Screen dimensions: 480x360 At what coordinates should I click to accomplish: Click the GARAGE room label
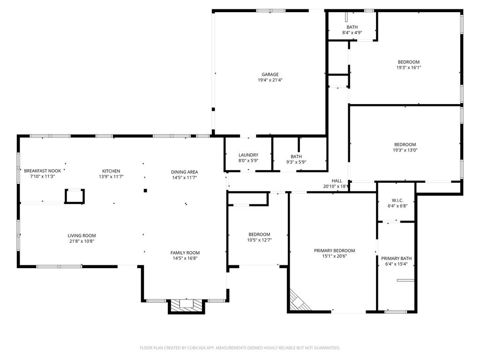270,75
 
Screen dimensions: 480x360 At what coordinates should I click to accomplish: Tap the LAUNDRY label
248,155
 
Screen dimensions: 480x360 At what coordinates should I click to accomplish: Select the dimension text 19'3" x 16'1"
409,67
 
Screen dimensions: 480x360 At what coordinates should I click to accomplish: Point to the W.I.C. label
397,201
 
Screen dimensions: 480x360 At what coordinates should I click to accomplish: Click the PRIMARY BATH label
396,258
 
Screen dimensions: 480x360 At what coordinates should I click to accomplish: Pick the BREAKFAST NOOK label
43,171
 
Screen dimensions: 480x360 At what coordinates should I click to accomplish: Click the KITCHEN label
111,171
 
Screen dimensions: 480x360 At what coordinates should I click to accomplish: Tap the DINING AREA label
184,172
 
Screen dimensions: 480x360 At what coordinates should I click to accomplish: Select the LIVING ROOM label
82,236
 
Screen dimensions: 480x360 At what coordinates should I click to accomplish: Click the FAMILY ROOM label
185,253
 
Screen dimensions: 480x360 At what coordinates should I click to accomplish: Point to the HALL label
337,181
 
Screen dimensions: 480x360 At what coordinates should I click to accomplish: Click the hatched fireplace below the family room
186,305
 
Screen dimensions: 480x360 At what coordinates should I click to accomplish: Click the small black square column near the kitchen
145,191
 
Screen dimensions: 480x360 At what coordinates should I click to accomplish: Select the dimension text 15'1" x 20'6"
334,256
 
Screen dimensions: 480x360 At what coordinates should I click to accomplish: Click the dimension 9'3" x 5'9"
296,162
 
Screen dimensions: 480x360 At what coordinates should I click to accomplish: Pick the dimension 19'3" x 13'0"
405,150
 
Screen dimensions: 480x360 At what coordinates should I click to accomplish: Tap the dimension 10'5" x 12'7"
259,240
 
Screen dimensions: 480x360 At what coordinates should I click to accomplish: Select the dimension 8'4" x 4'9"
352,32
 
